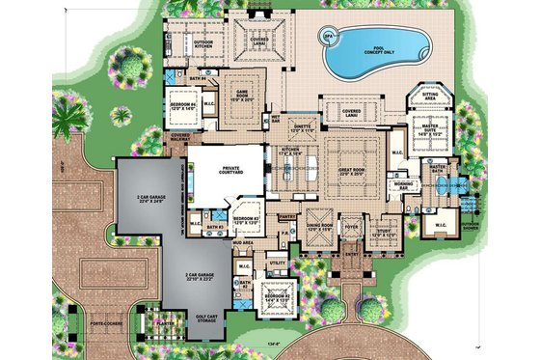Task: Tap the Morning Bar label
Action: pos(402,186)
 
